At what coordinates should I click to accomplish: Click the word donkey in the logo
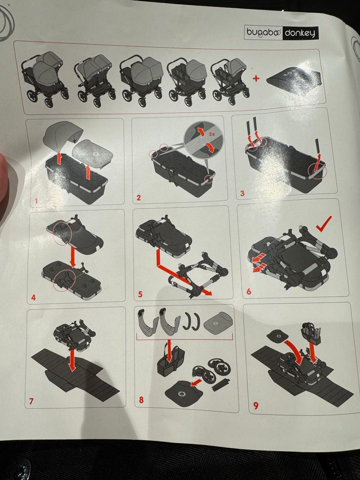pyautogui.click(x=300, y=33)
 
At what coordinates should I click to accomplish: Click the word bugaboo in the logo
pyautogui.click(x=263, y=32)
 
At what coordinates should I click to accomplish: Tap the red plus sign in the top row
pyautogui.click(x=256, y=78)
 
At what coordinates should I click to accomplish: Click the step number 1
pyautogui.click(x=36, y=201)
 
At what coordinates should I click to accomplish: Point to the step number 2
pyautogui.click(x=139, y=198)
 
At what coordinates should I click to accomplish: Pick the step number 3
pyautogui.click(x=242, y=193)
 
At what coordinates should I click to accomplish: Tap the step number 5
pyautogui.click(x=140, y=294)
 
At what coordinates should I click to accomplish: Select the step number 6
pyautogui.click(x=249, y=291)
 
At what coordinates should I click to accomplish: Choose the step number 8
pyautogui.click(x=141, y=400)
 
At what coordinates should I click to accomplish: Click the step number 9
pyautogui.click(x=255, y=406)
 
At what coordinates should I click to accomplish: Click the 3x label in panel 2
pyautogui.click(x=211, y=135)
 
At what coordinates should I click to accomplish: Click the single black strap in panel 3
pyautogui.click(x=317, y=147)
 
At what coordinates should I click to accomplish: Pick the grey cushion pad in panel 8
pyautogui.click(x=218, y=324)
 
